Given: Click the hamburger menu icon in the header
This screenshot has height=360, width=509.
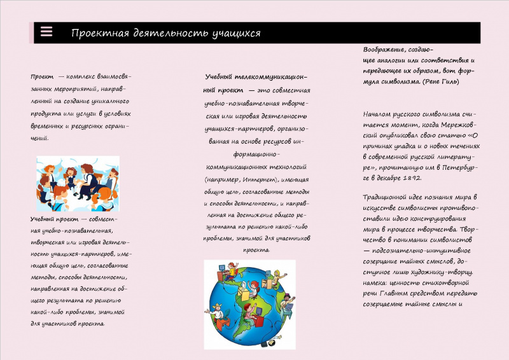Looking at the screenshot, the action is coord(46,32).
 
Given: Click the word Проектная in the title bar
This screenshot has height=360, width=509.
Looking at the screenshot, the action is coord(95,33).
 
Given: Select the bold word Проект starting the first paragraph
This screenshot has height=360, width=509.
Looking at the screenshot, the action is coord(42,76).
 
